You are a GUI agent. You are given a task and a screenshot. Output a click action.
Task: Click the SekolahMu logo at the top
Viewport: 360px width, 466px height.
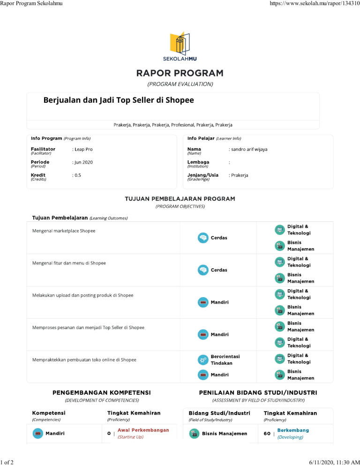point(180,47)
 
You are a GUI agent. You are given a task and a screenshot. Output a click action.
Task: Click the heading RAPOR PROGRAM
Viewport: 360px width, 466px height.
point(180,74)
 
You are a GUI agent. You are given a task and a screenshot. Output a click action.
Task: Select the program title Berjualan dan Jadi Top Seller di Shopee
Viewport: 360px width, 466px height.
point(119,100)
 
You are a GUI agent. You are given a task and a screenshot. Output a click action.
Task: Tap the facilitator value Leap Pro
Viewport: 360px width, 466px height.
point(83,149)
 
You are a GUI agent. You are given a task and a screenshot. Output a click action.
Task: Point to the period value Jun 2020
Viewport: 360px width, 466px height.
point(83,162)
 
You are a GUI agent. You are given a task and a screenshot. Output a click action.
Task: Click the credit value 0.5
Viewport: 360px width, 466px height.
point(77,175)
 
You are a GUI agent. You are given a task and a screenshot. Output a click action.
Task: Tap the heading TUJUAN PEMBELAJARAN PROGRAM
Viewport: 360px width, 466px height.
point(180,199)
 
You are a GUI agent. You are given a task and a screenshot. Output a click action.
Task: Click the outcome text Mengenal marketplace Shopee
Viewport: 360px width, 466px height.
point(64,231)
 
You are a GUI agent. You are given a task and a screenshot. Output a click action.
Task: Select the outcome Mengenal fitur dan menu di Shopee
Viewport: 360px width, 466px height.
point(69,263)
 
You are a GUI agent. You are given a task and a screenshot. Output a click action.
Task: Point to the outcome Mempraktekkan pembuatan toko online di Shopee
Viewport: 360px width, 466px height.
point(84,360)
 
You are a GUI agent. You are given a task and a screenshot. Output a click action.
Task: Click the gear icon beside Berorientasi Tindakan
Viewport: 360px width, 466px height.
point(203,360)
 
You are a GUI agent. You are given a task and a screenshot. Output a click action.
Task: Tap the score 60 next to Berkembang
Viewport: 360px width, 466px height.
point(267,434)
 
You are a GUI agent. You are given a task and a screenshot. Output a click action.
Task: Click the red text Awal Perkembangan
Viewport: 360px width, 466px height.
point(143,430)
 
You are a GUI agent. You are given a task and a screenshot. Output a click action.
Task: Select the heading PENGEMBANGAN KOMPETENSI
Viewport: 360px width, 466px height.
point(101,392)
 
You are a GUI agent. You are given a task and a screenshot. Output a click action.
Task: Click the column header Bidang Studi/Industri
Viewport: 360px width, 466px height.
point(219,413)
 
